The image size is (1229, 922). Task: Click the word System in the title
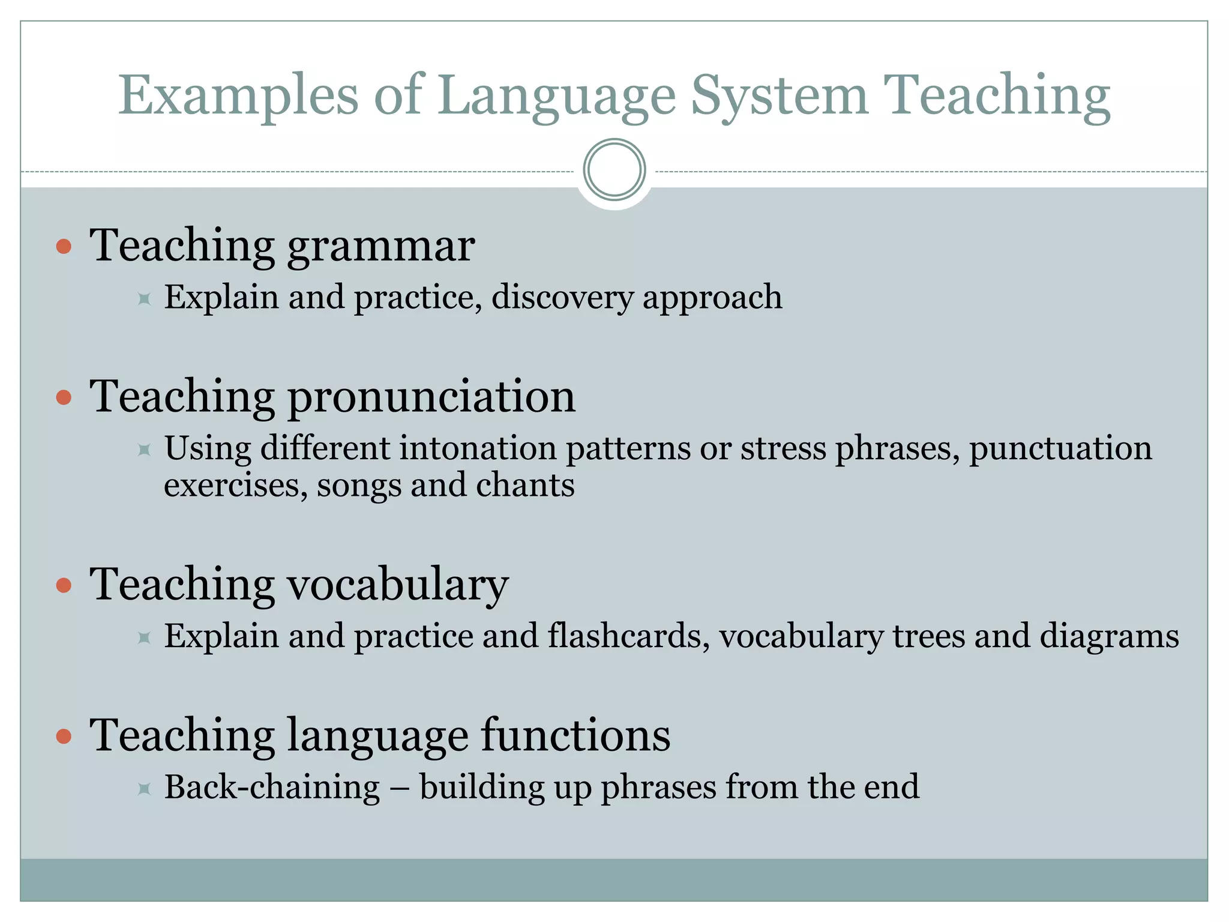(x=779, y=96)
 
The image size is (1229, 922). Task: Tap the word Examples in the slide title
(x=238, y=96)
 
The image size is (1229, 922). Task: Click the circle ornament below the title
(x=614, y=170)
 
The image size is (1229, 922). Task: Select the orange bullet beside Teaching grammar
(x=64, y=246)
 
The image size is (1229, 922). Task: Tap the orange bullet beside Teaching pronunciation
(x=64, y=397)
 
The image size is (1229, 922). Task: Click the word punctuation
(x=1060, y=448)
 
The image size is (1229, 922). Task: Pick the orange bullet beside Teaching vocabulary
(x=64, y=585)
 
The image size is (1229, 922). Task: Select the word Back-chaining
(x=272, y=787)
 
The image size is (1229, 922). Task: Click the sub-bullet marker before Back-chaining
(x=144, y=788)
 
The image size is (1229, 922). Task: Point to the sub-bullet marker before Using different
(x=144, y=449)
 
